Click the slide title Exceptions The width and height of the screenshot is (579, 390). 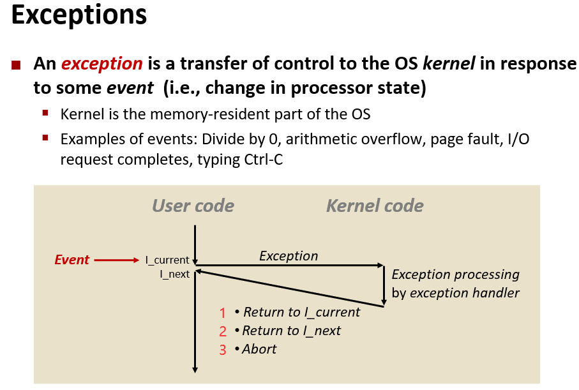pyautogui.click(x=79, y=15)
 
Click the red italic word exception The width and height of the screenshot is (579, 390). pyautogui.click(x=102, y=64)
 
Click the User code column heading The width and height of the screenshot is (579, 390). pyautogui.click(x=193, y=206)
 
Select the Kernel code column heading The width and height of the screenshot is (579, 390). pyautogui.click(x=375, y=206)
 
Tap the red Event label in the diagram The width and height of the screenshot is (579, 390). pyautogui.click(x=71, y=260)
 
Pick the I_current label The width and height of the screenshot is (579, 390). pyautogui.click(x=167, y=260)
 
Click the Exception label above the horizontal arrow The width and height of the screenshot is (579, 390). pyautogui.click(x=289, y=256)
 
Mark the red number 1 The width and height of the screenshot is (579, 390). pyautogui.click(x=223, y=313)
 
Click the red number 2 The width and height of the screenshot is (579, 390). pyautogui.click(x=223, y=331)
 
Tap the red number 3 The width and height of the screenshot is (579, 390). pyautogui.click(x=223, y=350)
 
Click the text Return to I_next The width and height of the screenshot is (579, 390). pyautogui.click(x=292, y=331)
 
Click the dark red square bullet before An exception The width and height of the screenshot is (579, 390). pyautogui.click(x=17, y=64)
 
